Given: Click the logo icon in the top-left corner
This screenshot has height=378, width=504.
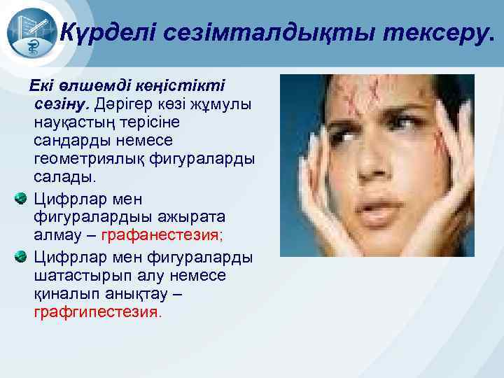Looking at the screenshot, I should coord(29,31).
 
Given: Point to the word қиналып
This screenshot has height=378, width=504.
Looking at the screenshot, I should coord(62,294).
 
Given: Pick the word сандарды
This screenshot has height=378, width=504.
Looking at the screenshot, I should coord(66,138).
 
